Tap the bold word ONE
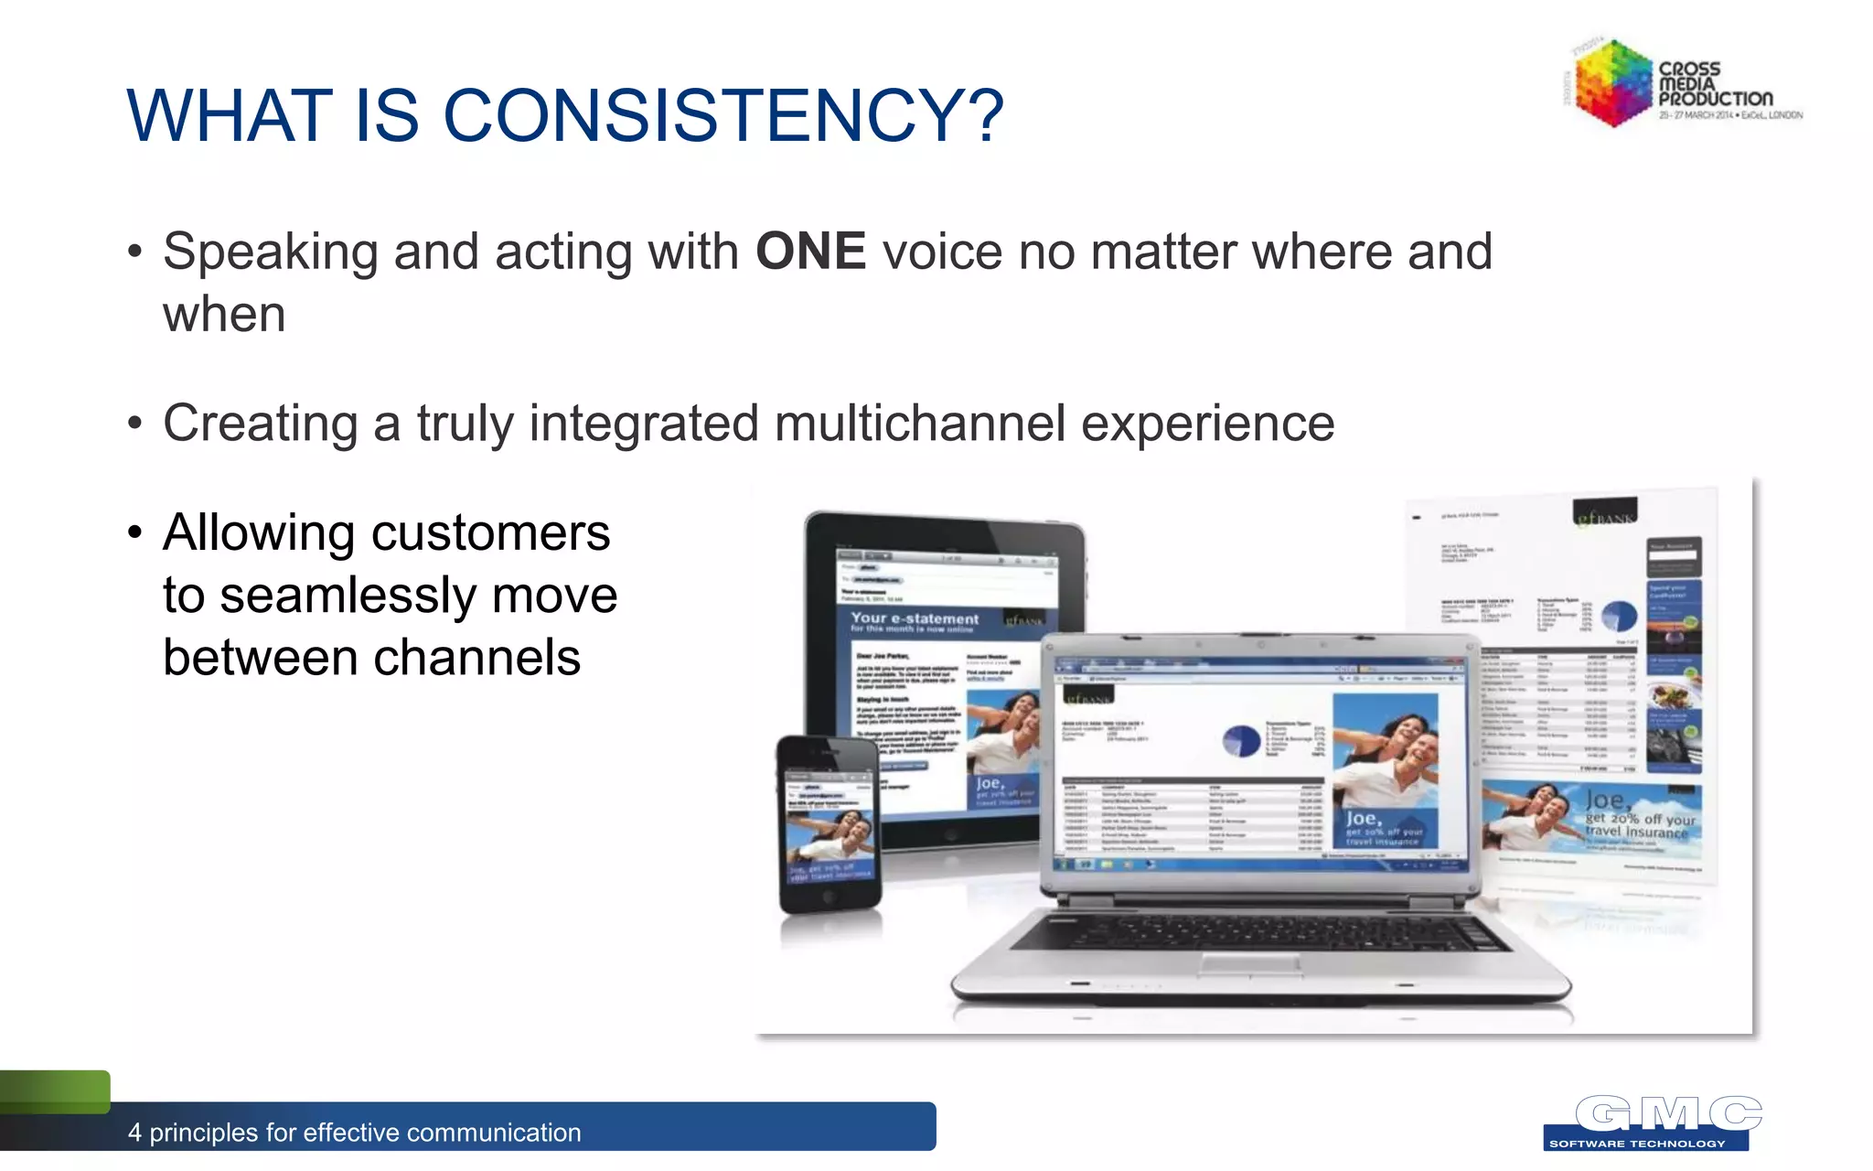tap(810, 252)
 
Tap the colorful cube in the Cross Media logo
tap(1613, 82)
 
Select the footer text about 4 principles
tap(354, 1133)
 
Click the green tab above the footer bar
tap(55, 1090)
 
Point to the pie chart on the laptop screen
tap(1241, 739)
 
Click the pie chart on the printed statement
tap(1618, 616)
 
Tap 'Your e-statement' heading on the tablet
tap(914, 619)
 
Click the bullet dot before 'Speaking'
tap(135, 252)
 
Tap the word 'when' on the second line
tap(224, 315)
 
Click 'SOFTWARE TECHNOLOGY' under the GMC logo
tap(1637, 1144)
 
